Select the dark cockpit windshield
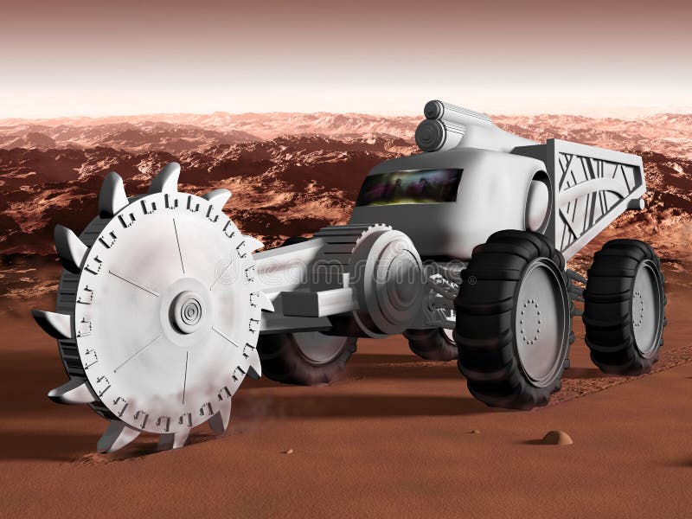409,187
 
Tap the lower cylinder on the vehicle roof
429,135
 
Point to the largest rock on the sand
556,438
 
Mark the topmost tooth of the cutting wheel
164,178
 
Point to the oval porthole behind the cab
537,206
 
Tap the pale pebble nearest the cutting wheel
288,451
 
